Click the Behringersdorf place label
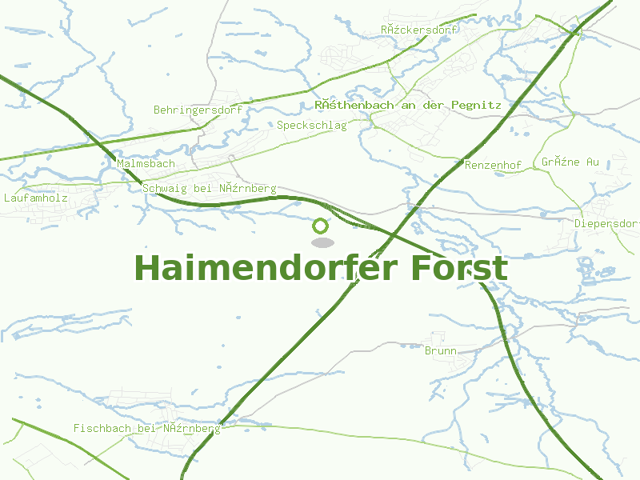click(198, 110)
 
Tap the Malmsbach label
click(146, 163)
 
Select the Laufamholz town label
click(36, 197)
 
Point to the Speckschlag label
click(312, 126)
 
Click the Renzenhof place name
click(493, 165)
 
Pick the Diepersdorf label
click(606, 223)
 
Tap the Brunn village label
click(441, 350)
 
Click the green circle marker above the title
click(321, 226)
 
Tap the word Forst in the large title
click(459, 268)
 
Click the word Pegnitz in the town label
click(477, 105)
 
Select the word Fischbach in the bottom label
click(102, 428)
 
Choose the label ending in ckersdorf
click(418, 30)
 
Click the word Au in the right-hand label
click(591, 162)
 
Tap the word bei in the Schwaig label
click(203, 189)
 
